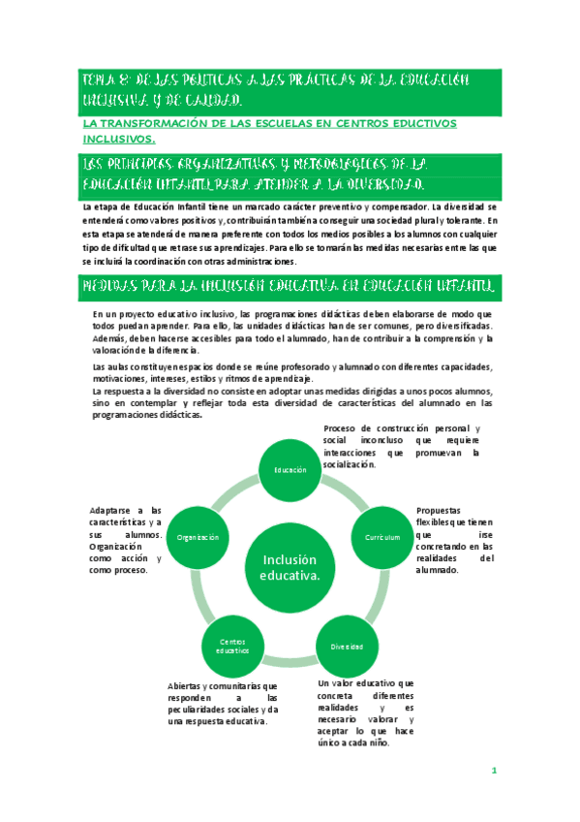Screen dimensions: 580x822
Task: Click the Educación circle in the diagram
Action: tap(290, 469)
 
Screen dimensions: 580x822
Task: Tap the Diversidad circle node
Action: tap(347, 645)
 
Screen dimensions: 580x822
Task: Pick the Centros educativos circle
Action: tap(233, 645)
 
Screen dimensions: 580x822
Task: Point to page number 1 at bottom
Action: tap(493, 772)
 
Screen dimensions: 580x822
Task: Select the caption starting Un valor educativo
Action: tap(366, 712)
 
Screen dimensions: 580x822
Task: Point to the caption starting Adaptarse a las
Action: tap(125, 540)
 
